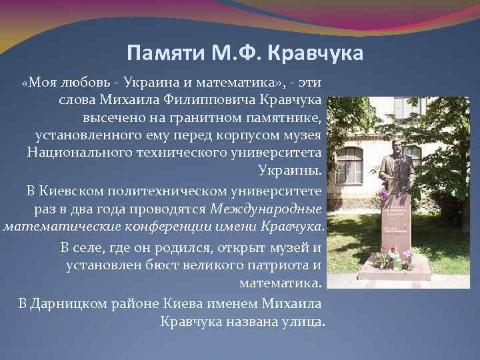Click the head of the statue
[x=395, y=146]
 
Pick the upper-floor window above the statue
[x=407, y=107]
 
